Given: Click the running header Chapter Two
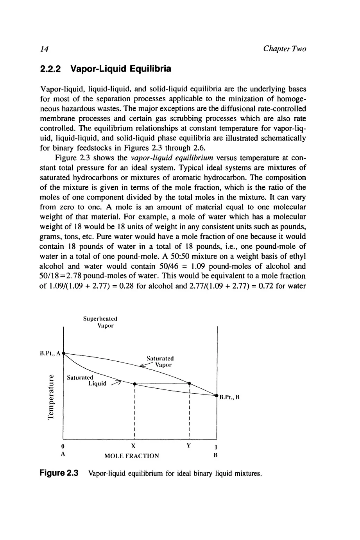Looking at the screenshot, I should [x=285, y=49].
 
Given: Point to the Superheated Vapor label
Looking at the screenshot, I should [x=100, y=322].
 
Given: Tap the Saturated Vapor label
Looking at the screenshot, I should [x=160, y=361].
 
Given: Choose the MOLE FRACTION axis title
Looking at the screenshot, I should [x=132, y=456].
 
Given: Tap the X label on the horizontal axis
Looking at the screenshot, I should [x=134, y=446].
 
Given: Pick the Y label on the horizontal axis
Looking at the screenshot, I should [x=188, y=445].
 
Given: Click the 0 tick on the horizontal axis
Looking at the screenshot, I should [x=63, y=446].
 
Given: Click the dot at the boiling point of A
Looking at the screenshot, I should [x=63, y=353].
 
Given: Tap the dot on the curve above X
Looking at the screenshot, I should [x=134, y=384].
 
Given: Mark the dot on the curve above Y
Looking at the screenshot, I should [x=189, y=383].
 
